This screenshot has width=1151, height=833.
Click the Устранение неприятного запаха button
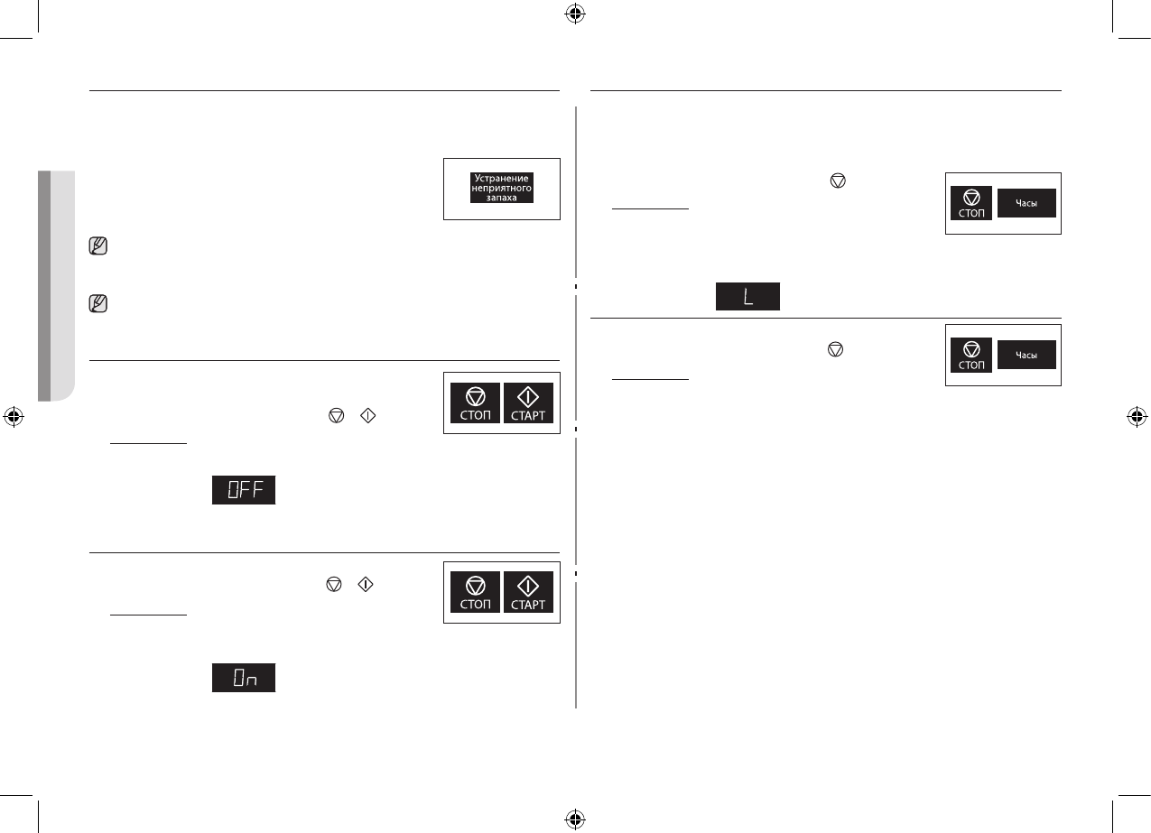(502, 188)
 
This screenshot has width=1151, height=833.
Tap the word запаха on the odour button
(502, 198)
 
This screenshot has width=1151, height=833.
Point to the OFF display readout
(244, 490)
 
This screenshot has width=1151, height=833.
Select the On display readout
(244, 679)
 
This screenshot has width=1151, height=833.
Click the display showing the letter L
(748, 297)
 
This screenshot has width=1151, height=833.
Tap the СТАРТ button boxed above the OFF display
(528, 403)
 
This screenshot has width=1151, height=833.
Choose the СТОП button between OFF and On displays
(475, 592)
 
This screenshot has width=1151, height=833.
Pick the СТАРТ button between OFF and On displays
(528, 592)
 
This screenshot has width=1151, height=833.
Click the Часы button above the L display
(1026, 204)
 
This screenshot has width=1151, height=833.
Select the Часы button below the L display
(1026, 356)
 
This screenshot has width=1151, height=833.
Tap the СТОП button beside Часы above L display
(971, 204)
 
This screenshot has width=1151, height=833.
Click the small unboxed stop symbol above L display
(837, 181)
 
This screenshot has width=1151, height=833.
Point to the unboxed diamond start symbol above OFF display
(366, 415)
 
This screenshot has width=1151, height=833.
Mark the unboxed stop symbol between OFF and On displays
(335, 586)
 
